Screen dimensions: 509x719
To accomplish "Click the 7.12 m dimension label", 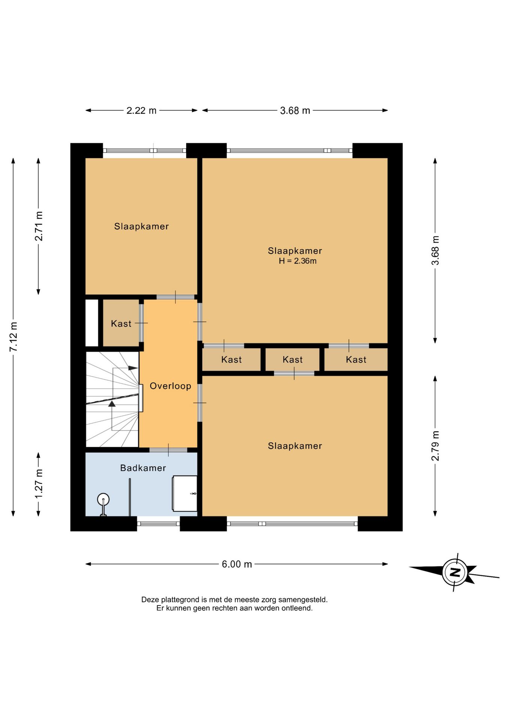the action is point(13,337).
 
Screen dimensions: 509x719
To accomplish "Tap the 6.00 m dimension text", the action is point(237,564).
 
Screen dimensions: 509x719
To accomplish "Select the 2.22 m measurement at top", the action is point(141,110).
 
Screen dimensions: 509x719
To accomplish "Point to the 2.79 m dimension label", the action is point(435,446).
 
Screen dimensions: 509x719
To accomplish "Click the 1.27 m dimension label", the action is point(39,483).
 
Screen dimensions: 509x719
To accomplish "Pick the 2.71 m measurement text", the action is point(39,226).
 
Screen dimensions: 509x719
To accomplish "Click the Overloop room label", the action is point(171,386).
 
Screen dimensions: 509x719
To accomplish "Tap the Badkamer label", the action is point(143,468).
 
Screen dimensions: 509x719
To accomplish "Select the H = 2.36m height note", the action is point(298,261).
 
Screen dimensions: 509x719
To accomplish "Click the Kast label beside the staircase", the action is point(121,324).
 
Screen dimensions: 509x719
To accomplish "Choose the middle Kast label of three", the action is point(292,359).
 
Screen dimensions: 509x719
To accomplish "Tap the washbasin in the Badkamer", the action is point(184,493).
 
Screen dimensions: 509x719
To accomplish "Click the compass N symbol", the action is point(455,572).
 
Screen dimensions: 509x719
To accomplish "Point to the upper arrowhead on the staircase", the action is point(133,368).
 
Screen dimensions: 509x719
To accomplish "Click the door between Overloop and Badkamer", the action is point(168,450).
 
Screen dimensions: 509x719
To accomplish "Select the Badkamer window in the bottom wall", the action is point(158,524).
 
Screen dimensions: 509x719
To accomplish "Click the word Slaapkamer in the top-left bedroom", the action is point(141,226).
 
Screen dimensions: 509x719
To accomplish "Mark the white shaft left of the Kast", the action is point(92,323).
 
